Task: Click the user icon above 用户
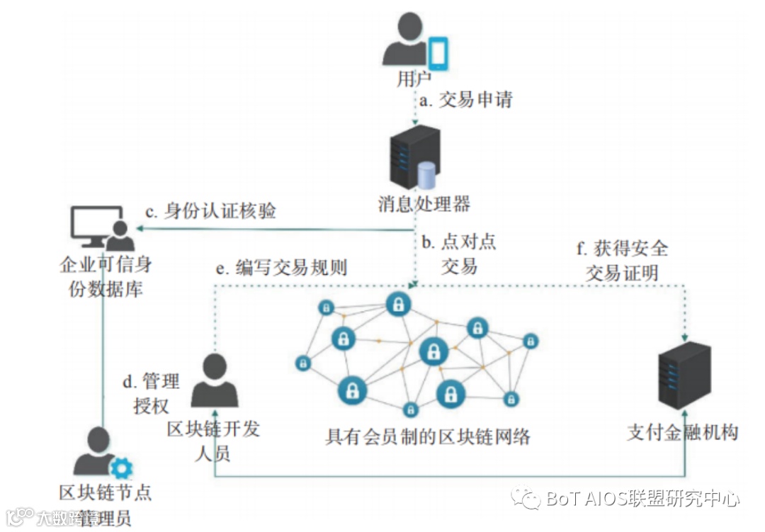(x=406, y=41)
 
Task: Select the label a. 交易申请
(x=465, y=100)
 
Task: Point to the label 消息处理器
(x=424, y=205)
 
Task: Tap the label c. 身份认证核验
(x=210, y=211)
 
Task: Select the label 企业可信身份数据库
(x=106, y=277)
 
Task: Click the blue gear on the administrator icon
(x=123, y=468)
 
